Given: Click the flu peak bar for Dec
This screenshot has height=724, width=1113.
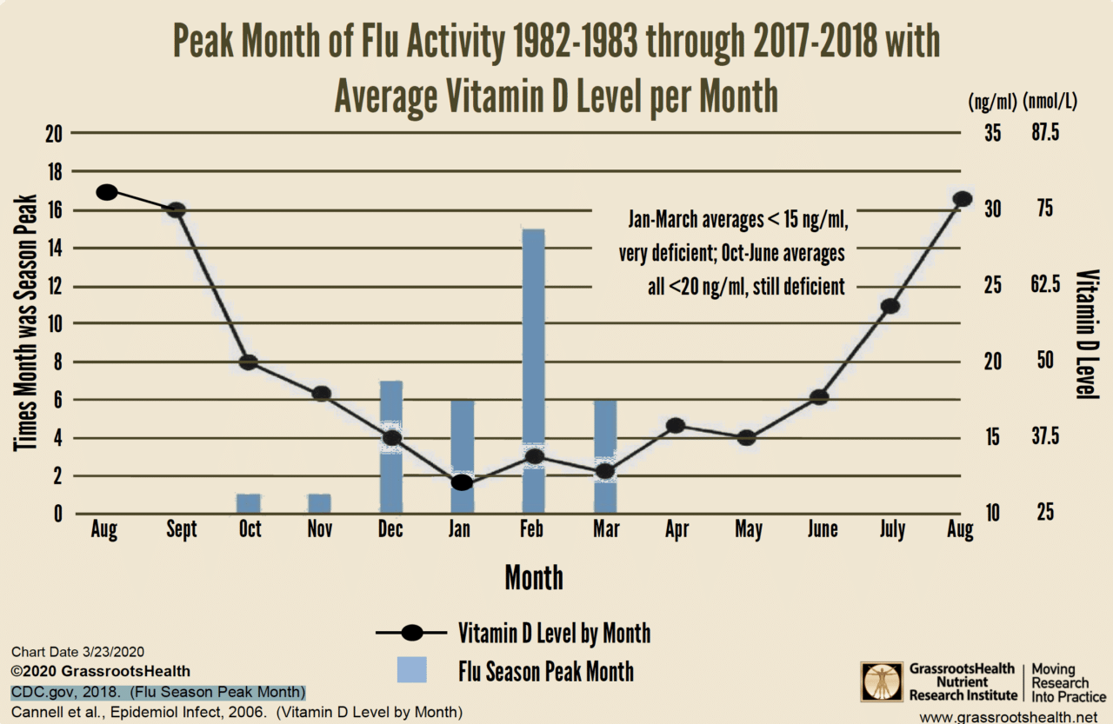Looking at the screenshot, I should (x=391, y=408).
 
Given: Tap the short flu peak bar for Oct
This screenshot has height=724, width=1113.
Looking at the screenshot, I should (x=249, y=503).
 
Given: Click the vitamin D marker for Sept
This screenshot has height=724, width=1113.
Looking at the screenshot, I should (x=177, y=209).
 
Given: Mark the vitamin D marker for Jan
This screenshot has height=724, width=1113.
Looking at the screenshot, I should (x=462, y=482).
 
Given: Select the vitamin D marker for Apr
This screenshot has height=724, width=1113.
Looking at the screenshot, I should (x=676, y=425).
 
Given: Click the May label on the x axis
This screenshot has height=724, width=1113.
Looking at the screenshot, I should (x=749, y=529).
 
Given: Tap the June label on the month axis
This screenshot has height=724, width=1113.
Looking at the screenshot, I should (x=822, y=529).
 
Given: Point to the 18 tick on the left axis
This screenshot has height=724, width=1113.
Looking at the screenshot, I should (x=53, y=171).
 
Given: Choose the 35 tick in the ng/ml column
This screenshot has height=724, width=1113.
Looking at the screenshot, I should (x=993, y=133).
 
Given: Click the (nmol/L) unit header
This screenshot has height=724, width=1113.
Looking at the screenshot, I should (x=1050, y=101).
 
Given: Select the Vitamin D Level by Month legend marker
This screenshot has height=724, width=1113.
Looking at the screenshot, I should (x=412, y=633).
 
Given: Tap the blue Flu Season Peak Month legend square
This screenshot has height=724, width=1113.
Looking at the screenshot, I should (x=411, y=670).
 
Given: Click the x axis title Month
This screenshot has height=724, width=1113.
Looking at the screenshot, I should (x=534, y=577).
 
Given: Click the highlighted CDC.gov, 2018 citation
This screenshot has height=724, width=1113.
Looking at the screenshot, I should (x=158, y=693).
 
